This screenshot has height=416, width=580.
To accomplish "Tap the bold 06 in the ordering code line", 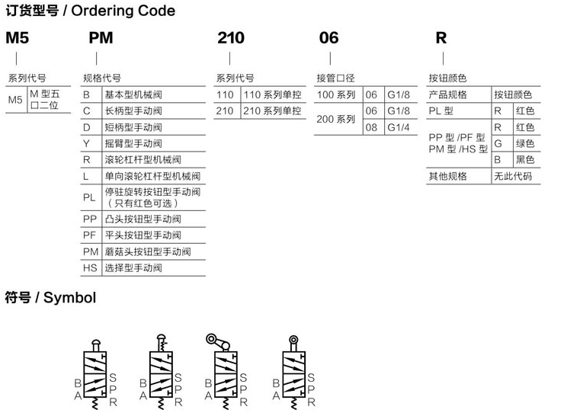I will coord(328,38).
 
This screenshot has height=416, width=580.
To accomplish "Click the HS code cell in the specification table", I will coord(90,268).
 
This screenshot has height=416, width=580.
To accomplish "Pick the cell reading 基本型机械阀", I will coord(133,94).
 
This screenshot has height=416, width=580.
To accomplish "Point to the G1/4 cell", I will coord(399,127).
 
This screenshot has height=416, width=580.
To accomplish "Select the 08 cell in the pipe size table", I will coord(372,127).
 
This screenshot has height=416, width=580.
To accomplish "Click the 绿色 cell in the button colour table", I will coord(525,143).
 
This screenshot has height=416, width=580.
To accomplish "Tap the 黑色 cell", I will coord(525,159).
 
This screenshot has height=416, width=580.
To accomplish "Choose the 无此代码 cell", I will coord(512,176).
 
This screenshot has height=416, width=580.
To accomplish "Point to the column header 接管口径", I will coord(336,78).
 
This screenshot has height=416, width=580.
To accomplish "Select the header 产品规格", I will coord(447,94).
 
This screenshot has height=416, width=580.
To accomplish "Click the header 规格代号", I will coord(101,78).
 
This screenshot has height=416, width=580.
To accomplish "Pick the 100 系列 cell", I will coord(336,94).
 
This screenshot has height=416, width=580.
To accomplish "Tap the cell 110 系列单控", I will coord(272,94).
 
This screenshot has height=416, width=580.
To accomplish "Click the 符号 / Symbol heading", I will coord(50,297).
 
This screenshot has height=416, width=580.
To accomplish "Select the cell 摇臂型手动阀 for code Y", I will coord(133,143).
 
